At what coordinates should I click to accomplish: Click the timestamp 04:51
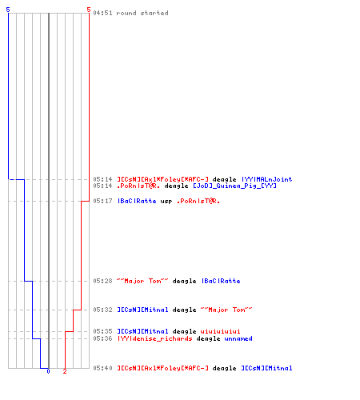(102, 13)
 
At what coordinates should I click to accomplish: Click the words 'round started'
(142, 13)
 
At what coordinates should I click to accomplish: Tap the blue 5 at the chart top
(8, 10)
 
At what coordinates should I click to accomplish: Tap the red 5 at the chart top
(89, 10)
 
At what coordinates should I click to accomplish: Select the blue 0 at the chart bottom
(48, 371)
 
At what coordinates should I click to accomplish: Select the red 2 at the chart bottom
(65, 371)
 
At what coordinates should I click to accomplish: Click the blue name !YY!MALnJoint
(266, 179)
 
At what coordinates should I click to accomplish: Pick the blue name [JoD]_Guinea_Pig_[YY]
(234, 186)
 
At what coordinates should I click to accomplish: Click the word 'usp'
(166, 202)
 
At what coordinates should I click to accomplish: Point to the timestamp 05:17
(102, 201)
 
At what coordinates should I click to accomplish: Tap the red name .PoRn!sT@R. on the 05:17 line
(198, 201)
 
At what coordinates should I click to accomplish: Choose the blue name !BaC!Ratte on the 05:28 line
(221, 281)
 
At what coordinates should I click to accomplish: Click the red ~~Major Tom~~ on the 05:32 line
(226, 310)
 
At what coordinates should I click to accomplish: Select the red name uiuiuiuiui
(220, 331)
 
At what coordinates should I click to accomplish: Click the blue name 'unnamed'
(238, 338)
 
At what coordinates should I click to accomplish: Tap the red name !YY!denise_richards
(154, 338)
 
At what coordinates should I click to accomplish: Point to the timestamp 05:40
(102, 368)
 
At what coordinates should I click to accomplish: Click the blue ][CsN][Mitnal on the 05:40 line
(266, 368)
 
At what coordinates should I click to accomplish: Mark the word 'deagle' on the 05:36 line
(208, 338)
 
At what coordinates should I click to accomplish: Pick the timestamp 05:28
(102, 281)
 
